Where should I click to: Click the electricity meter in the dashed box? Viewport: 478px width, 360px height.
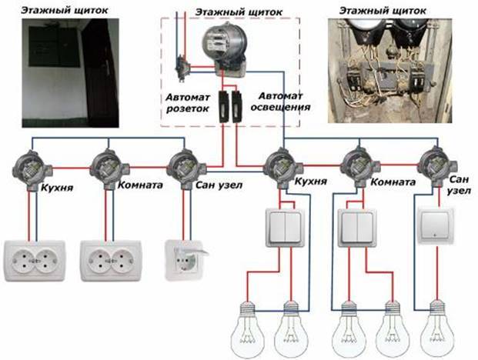pyautogui.click(x=225, y=50)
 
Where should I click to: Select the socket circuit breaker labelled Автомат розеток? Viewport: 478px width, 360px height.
pyautogui.click(x=224, y=106)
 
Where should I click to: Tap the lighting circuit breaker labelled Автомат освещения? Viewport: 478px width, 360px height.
pyautogui.click(x=236, y=106)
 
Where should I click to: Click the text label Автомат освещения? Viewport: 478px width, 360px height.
pyautogui.click(x=280, y=102)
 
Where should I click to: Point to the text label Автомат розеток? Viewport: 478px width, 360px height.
pyautogui.click(x=188, y=103)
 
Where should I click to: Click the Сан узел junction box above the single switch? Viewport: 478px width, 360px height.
pyautogui.click(x=438, y=167)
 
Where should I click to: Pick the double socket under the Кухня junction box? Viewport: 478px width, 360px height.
pyautogui.click(x=35, y=261)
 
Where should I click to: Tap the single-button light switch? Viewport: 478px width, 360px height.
pyautogui.click(x=436, y=225)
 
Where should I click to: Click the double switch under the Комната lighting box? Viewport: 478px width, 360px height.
pyautogui.click(x=357, y=227)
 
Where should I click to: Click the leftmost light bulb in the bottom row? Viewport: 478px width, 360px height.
pyautogui.click(x=247, y=329)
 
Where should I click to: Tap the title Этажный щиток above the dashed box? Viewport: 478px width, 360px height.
pyautogui.click(x=239, y=12)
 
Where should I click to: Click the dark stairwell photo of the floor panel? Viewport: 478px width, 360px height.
pyautogui.click(x=70, y=73)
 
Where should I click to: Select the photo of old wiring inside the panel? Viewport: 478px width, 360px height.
pyautogui.click(x=390, y=71)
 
